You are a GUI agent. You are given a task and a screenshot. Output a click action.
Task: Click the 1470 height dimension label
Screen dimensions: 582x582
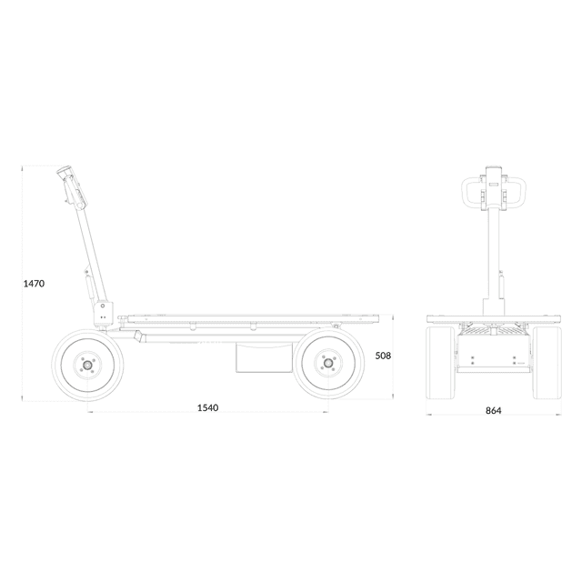click(34, 284)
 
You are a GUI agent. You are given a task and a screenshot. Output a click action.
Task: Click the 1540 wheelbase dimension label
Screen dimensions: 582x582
click(207, 407)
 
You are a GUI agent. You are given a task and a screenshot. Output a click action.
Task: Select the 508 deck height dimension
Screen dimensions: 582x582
click(383, 356)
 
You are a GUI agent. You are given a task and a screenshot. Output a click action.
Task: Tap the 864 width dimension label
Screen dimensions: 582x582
click(493, 410)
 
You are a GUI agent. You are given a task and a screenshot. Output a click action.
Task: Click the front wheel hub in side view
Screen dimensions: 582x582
click(87, 365)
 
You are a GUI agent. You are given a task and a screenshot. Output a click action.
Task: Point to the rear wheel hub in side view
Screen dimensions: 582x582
click(327, 363)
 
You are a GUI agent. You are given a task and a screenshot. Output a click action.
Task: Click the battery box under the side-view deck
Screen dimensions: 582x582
click(265, 357)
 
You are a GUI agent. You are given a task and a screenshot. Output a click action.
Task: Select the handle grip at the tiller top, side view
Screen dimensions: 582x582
click(65, 171)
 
